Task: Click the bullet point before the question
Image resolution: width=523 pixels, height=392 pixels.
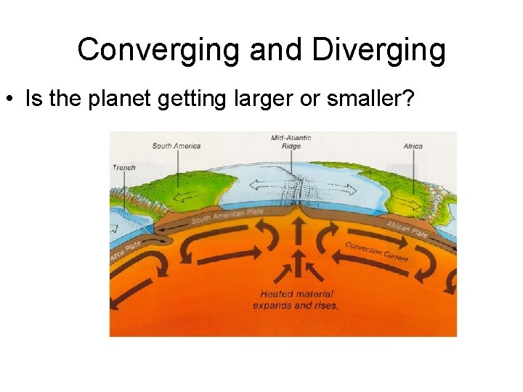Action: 15,99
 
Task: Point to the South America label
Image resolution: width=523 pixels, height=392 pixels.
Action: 177,146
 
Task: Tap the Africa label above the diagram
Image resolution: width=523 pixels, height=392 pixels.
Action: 413,146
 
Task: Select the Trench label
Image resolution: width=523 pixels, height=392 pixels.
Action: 124,168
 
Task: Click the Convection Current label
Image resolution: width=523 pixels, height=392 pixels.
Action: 377,251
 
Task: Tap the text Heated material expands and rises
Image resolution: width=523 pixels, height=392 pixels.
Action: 296,300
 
